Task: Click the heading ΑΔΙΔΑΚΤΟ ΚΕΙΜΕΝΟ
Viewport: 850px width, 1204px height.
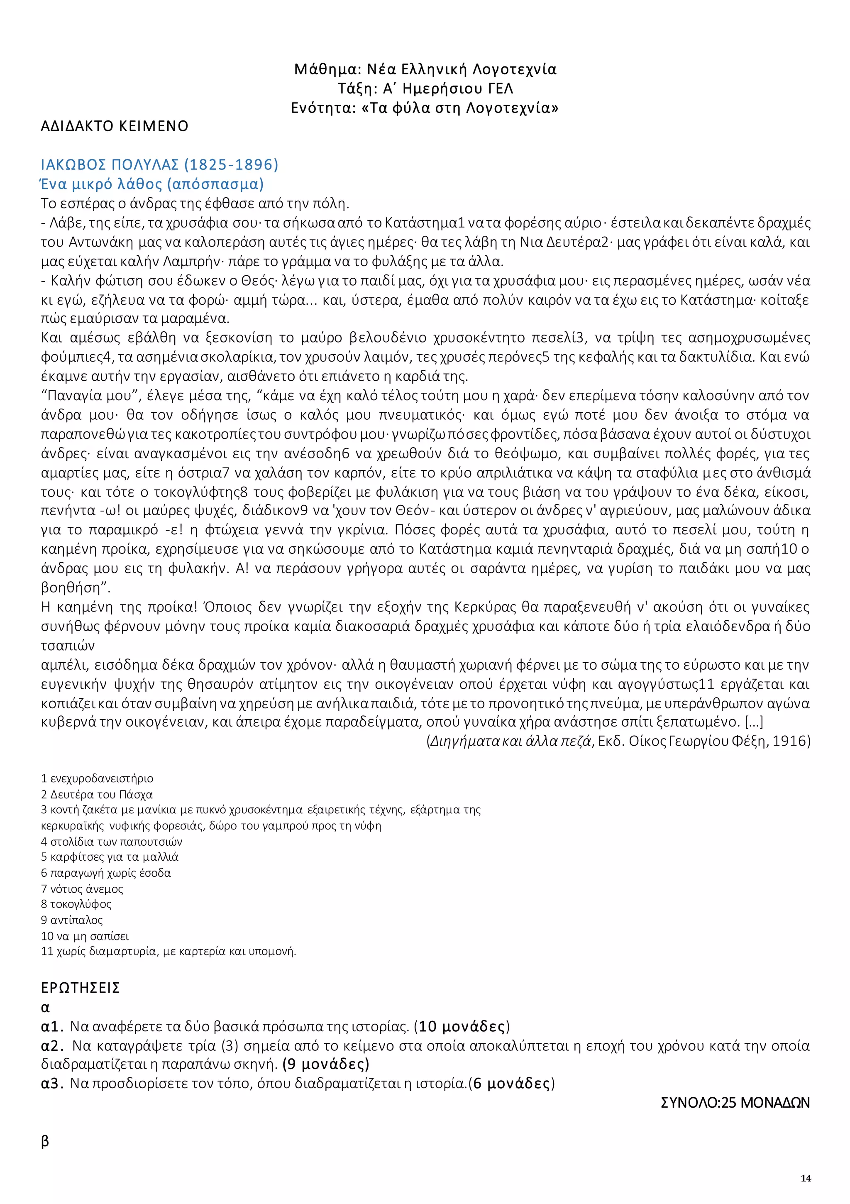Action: click(114, 126)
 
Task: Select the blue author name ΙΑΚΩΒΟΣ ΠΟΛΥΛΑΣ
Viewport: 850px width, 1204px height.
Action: click(110, 165)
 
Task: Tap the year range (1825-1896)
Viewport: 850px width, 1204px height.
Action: click(231, 165)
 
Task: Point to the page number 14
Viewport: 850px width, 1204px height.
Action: click(806, 1178)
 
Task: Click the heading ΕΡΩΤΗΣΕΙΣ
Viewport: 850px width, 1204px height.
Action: click(80, 988)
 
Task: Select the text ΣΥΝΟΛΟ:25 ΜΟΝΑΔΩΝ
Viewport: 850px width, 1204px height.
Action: click(735, 1103)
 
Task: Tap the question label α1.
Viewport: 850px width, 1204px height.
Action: click(52, 1026)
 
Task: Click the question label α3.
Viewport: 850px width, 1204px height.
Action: click(52, 1083)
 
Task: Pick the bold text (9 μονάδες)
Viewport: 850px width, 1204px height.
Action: click(326, 1065)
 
